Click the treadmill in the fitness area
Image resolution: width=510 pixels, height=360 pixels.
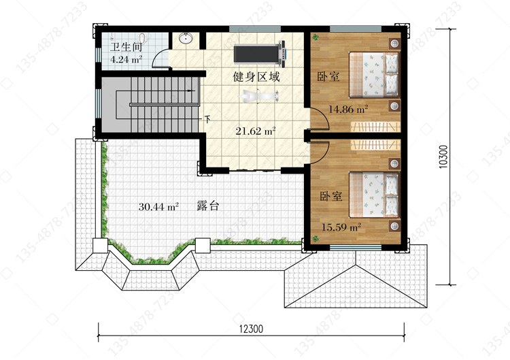tap(260, 54)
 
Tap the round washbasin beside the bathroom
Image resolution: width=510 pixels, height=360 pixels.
tap(186, 38)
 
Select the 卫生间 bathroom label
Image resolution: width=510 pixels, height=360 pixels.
tap(126, 47)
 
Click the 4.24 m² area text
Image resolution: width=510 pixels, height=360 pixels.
tap(126, 60)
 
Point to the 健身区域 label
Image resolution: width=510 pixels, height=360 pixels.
tap(256, 77)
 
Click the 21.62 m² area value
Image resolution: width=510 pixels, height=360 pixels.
tap(256, 131)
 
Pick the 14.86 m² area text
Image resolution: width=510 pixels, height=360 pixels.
tap(348, 109)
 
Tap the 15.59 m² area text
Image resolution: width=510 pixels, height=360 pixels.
tap(341, 227)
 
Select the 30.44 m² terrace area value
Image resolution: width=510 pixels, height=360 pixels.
tap(158, 207)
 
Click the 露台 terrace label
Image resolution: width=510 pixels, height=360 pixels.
tap(208, 206)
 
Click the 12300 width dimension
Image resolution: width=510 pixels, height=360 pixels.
tap(251, 329)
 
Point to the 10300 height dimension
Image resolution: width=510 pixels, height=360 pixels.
tap(443, 157)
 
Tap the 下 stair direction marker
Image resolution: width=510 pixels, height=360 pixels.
tap(207, 119)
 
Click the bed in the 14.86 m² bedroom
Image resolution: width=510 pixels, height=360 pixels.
tap(374, 75)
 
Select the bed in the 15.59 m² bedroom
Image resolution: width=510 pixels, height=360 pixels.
tap(374, 195)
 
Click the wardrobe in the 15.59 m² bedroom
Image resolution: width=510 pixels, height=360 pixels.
tap(375, 145)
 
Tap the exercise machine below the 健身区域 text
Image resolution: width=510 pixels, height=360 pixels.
tap(258, 96)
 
